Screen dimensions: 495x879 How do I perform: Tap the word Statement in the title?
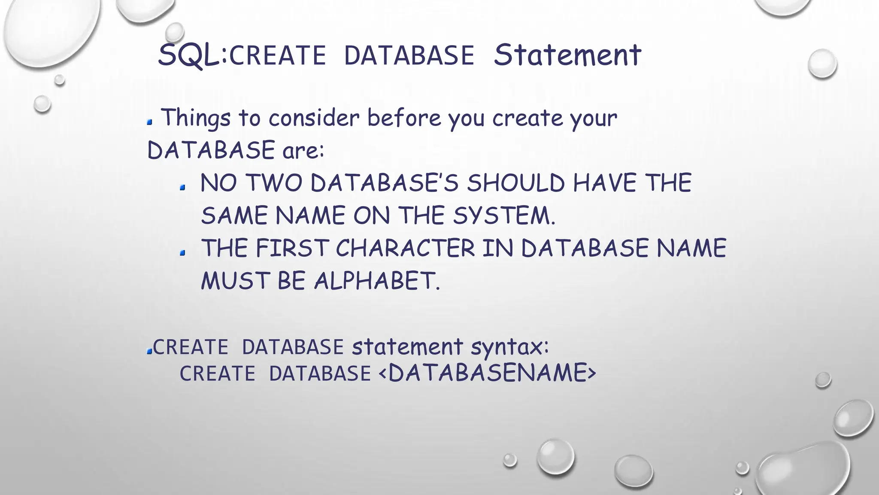click(x=567, y=55)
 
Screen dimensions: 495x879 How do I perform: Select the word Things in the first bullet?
click(x=196, y=118)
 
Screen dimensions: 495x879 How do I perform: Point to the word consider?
click(x=314, y=118)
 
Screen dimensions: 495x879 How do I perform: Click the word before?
click(x=404, y=118)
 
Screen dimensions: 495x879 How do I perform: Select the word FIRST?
click(x=292, y=248)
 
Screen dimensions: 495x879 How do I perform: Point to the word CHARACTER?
click(x=405, y=248)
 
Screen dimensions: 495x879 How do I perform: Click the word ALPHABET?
click(x=377, y=281)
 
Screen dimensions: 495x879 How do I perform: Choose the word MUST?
click(x=235, y=281)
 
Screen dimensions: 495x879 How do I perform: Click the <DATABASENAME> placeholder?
click(x=488, y=373)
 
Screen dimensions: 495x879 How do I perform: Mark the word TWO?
click(x=274, y=183)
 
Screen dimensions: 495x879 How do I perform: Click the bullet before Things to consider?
click(x=150, y=122)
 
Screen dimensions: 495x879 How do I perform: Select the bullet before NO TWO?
click(x=183, y=188)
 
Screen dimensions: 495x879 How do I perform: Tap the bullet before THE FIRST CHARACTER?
click(x=183, y=253)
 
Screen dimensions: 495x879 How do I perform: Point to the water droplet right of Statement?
click(x=822, y=64)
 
